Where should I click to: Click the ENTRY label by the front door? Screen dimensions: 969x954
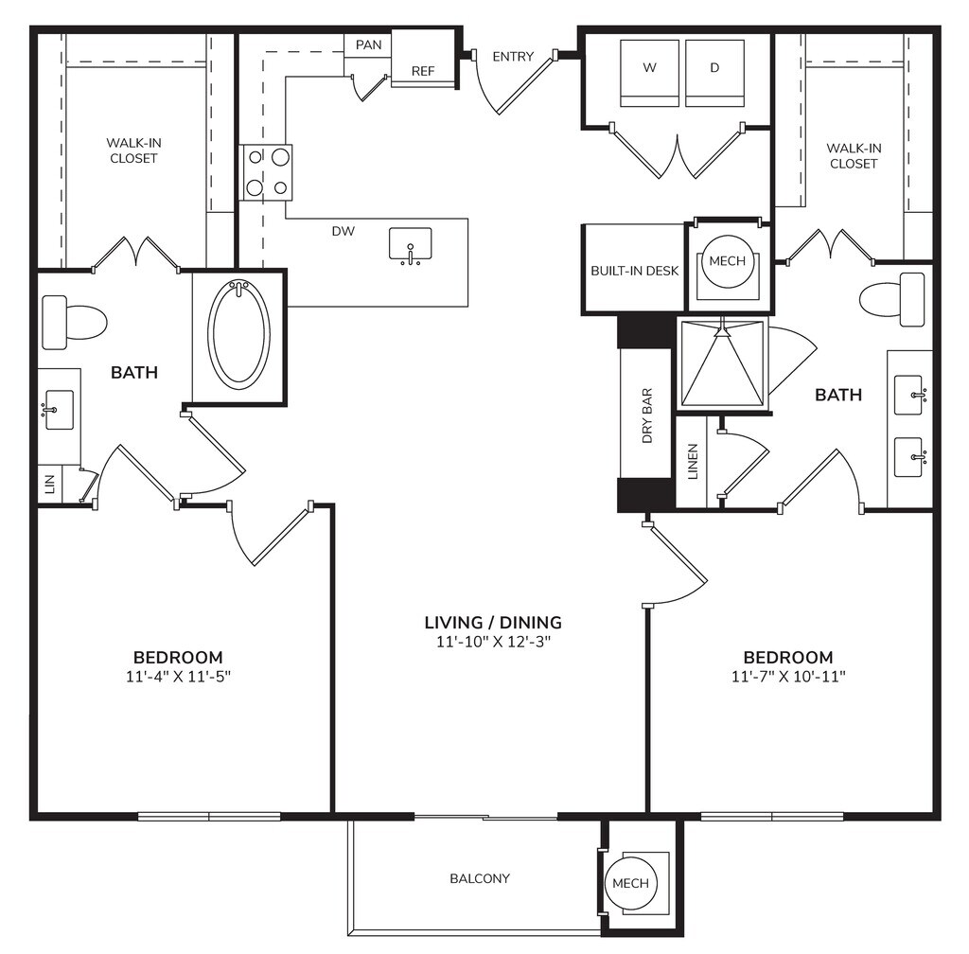click(x=513, y=57)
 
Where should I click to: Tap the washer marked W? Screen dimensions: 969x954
click(x=649, y=73)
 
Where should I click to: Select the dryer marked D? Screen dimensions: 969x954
click(x=715, y=73)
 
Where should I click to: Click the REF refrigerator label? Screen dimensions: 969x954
click(x=423, y=71)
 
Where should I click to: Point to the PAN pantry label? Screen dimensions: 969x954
click(x=369, y=45)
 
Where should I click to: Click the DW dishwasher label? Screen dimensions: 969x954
click(x=344, y=231)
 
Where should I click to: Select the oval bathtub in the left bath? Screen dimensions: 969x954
click(x=240, y=335)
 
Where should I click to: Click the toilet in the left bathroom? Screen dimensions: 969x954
click(x=74, y=322)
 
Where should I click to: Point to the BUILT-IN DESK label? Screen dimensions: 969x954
click(x=635, y=271)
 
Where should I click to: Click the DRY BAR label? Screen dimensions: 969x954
click(x=647, y=415)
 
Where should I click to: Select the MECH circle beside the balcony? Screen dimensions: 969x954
click(x=630, y=883)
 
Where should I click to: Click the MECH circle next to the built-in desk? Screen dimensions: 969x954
click(x=728, y=261)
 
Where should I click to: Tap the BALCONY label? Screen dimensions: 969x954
click(x=480, y=878)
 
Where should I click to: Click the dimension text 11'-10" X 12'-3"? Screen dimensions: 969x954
click(x=493, y=642)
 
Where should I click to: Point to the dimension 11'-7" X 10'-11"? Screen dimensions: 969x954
click(x=788, y=677)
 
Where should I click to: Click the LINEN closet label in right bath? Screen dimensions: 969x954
click(x=693, y=462)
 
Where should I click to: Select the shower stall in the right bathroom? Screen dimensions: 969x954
click(x=723, y=362)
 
